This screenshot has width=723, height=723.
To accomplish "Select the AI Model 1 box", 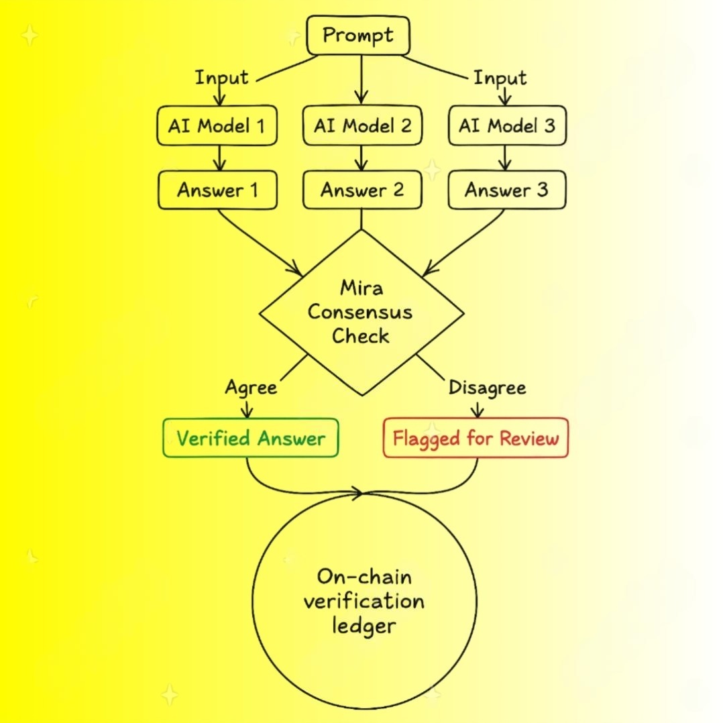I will point(217,125).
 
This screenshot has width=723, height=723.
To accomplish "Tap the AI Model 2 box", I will point(362,125).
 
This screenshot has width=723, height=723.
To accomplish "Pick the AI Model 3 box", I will point(506,125).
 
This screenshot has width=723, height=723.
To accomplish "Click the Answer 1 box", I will point(217,190).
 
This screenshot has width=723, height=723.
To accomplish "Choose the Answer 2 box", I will point(362,190).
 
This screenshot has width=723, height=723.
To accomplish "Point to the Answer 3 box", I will point(506,190).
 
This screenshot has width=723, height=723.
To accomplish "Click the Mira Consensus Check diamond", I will point(361,313).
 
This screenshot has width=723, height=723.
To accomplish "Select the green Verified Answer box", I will point(250,439).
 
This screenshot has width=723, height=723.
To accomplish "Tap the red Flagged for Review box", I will point(476,439).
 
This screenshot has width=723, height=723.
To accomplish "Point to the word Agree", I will point(251,388).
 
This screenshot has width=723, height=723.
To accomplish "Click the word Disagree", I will point(487,388).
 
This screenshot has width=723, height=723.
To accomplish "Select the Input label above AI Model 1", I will point(221,77).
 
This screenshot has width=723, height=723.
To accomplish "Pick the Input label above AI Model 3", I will point(500,77).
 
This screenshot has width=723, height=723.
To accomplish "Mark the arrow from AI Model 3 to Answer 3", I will point(506,158).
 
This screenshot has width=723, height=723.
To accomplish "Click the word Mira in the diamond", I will point(361,288).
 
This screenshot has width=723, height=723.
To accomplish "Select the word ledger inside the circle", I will point(364,626).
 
